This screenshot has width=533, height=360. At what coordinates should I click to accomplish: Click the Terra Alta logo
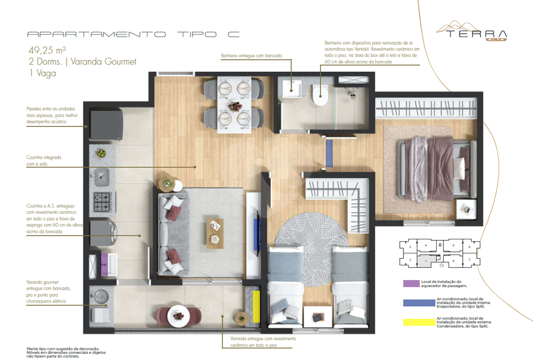pos(472,31)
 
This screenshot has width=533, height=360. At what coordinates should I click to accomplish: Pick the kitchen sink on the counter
pos(102,177)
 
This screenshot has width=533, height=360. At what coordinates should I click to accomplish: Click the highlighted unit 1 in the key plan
pos(426,259)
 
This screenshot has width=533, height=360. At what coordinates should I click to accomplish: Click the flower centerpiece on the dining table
pos(234,106)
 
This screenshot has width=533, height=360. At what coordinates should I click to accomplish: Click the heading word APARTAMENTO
pos(96,34)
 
